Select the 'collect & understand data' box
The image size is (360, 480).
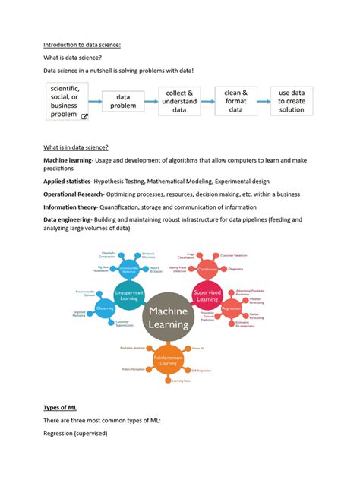point(179,101)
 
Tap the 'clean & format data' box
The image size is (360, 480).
point(236,101)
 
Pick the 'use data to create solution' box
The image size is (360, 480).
point(292,101)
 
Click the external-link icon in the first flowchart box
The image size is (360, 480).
point(84,116)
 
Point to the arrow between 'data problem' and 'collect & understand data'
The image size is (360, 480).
point(150,101)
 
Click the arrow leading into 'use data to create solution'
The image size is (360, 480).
point(264,101)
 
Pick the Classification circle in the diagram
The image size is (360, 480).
point(209,269)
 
